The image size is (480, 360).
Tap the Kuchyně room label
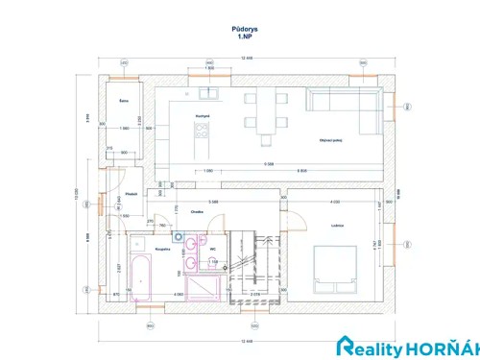[x=203, y=115]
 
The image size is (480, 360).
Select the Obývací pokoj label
[x=332, y=141]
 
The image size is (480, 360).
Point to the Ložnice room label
[x=336, y=225]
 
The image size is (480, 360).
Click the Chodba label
[x=197, y=212]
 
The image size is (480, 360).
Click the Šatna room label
[x=124, y=100]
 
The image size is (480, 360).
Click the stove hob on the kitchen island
[x=203, y=132]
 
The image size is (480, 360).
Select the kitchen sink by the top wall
[x=208, y=93]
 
